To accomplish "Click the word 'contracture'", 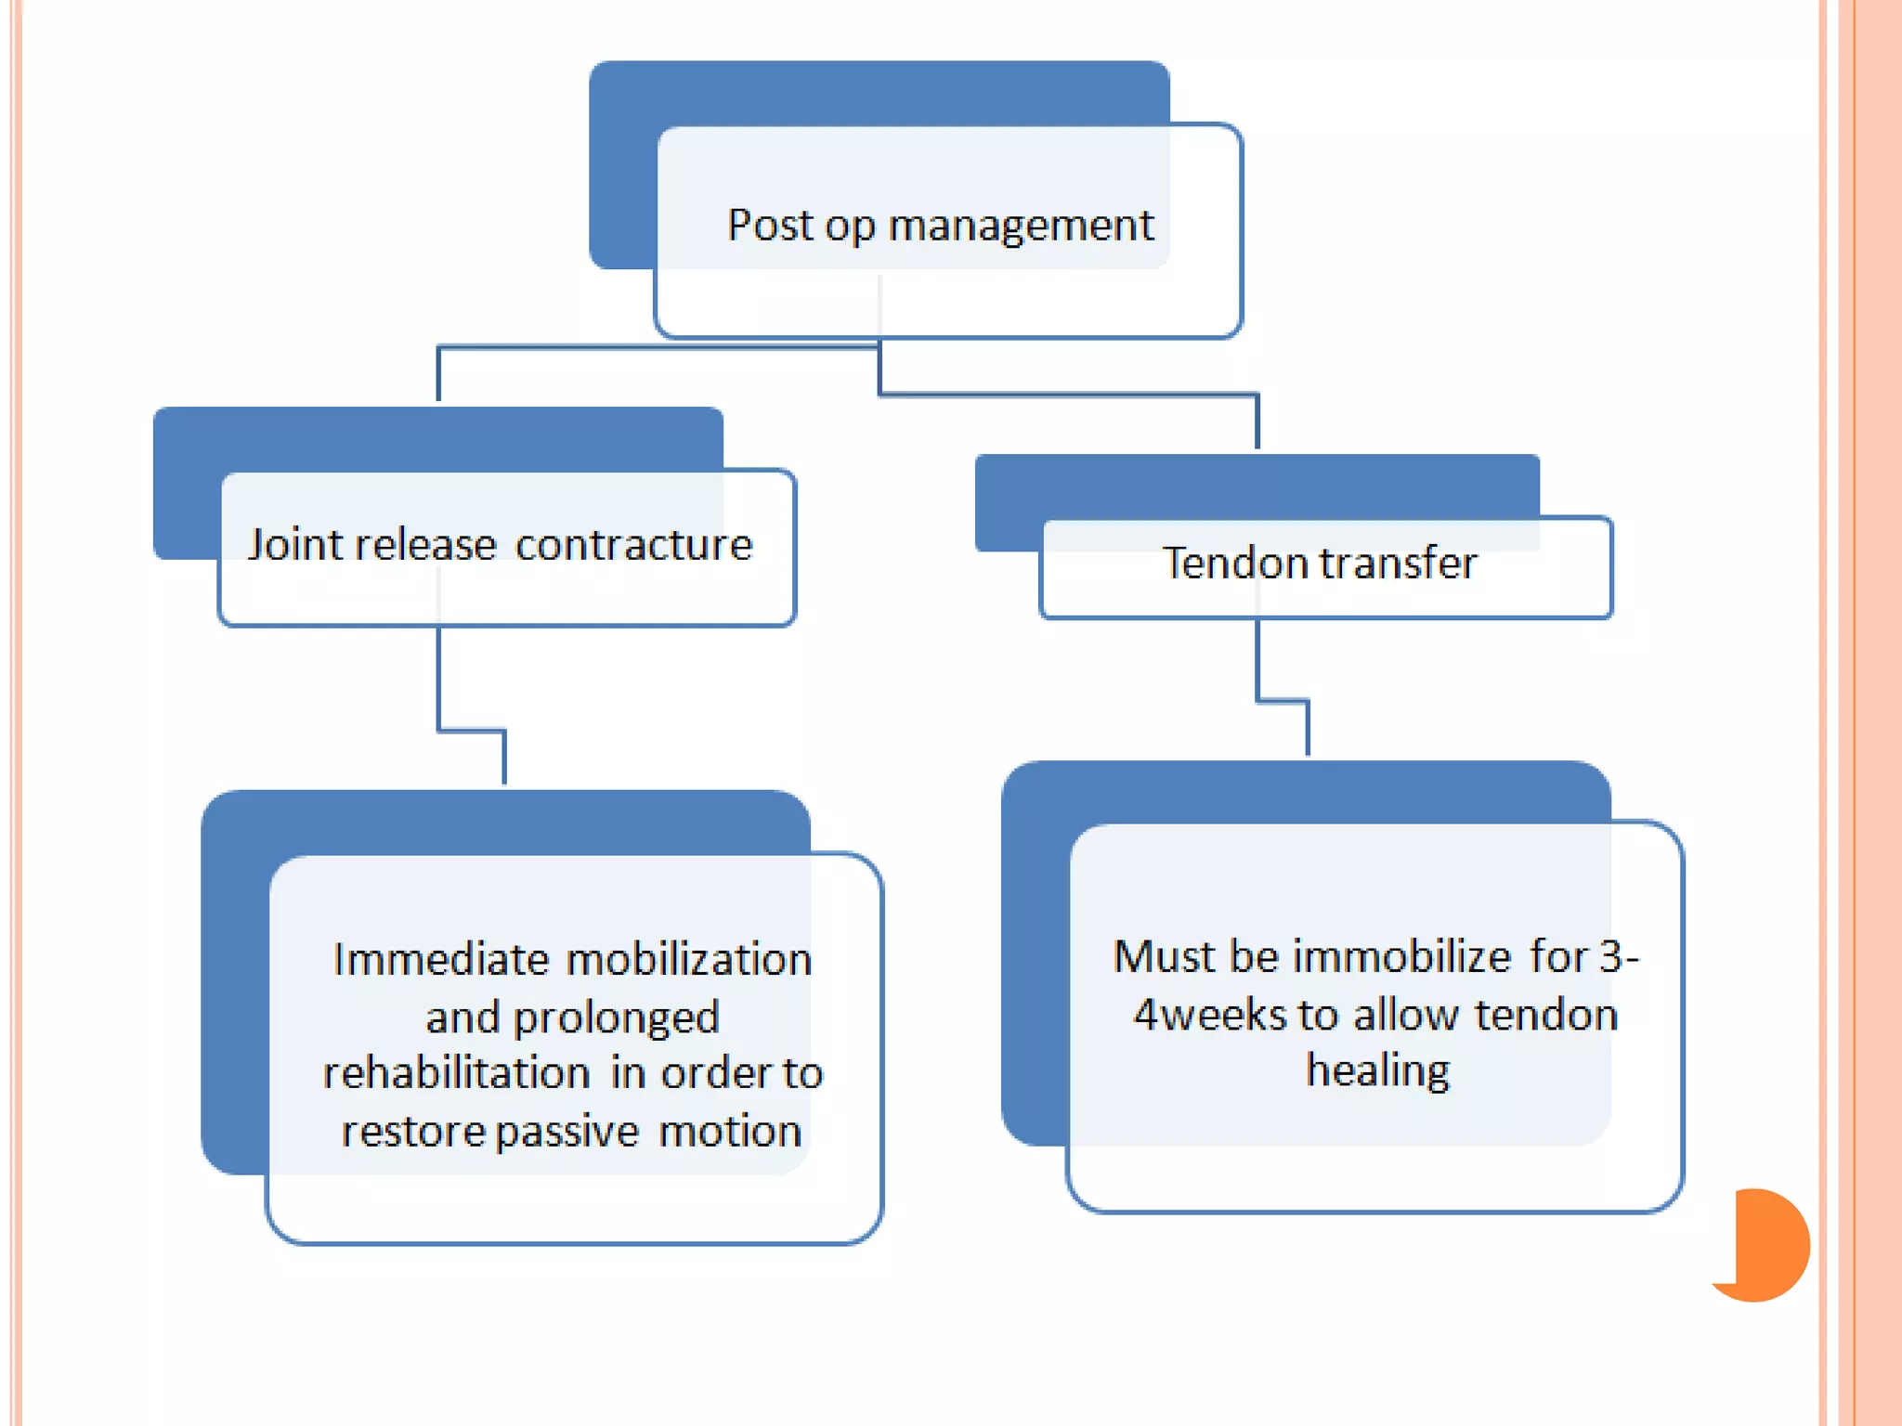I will coord(633,545).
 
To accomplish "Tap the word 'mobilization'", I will coord(689,959).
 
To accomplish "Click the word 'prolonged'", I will coord(616,1018).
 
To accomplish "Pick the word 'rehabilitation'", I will coord(456,1073).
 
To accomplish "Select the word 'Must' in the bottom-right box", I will coord(1164,956).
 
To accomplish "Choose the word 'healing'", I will coord(1377,1070).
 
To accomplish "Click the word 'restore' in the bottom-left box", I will coord(412,1132).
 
